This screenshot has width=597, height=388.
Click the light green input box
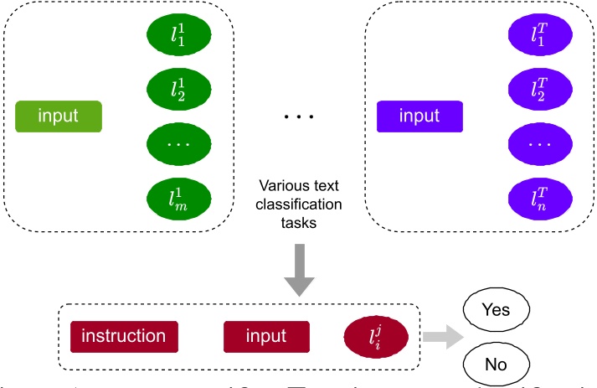point(59,116)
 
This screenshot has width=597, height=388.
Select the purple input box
point(419,116)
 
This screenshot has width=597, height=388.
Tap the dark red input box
point(266,337)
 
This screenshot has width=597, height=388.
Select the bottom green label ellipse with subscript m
point(177,199)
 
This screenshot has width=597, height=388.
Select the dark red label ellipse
point(376,337)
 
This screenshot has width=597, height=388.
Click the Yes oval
point(496,310)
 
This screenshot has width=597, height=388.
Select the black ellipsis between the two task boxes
point(298,116)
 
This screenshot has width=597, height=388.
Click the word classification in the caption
point(298,205)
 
